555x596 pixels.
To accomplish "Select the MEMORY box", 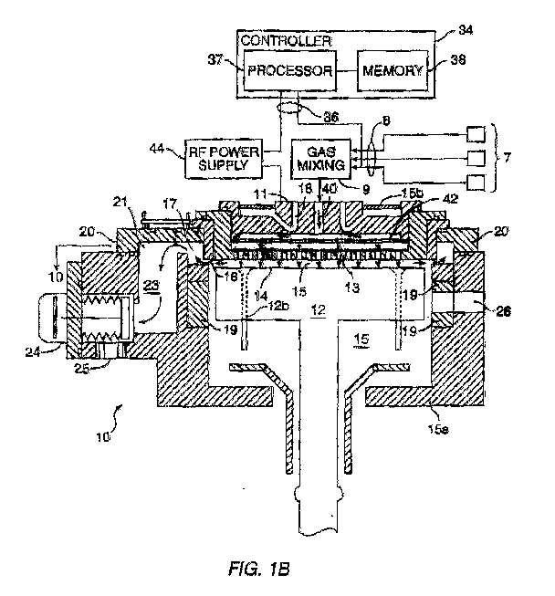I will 390,70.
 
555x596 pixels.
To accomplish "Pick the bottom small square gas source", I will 475,183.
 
